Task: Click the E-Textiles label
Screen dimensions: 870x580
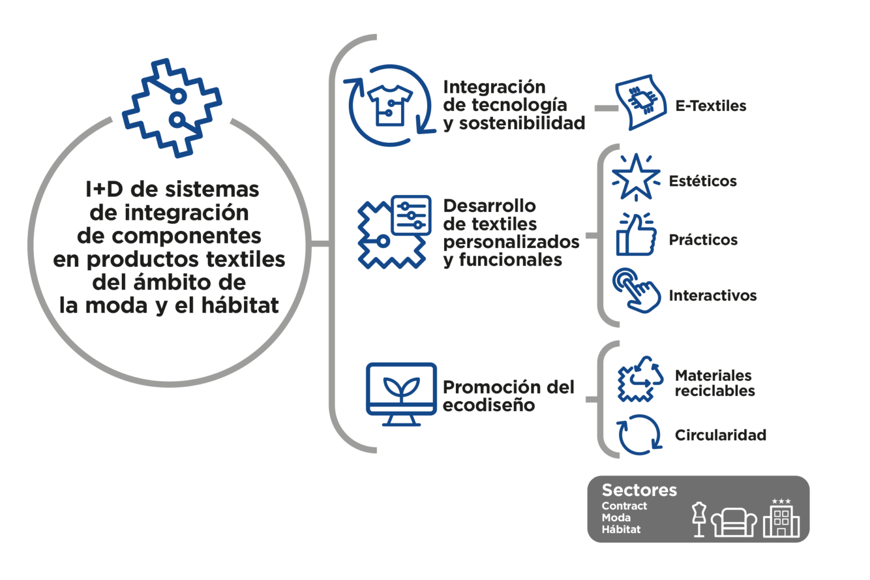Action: tap(710, 106)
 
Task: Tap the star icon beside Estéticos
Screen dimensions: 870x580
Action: tap(636, 177)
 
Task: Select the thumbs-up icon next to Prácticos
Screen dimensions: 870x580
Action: tap(636, 234)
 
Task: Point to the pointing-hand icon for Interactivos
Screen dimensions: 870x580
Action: tap(636, 291)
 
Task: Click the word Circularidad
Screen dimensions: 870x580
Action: tap(720, 435)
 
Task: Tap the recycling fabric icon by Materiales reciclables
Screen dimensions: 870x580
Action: tap(640, 379)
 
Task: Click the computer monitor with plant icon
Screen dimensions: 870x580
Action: tap(401, 394)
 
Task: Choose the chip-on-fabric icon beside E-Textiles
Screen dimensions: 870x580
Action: tap(641, 103)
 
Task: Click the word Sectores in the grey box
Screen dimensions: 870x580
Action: tap(639, 491)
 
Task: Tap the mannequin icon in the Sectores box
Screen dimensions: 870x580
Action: tap(699, 519)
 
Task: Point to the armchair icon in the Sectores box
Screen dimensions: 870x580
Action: tap(733, 522)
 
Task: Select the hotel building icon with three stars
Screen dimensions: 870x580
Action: tap(781, 518)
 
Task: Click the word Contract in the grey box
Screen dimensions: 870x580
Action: tap(624, 506)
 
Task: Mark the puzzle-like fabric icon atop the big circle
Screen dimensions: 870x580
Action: tap(172, 108)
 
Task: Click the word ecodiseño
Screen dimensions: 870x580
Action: tap(489, 406)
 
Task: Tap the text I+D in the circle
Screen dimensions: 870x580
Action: tap(104, 189)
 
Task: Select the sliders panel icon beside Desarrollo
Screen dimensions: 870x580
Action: tap(411, 215)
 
